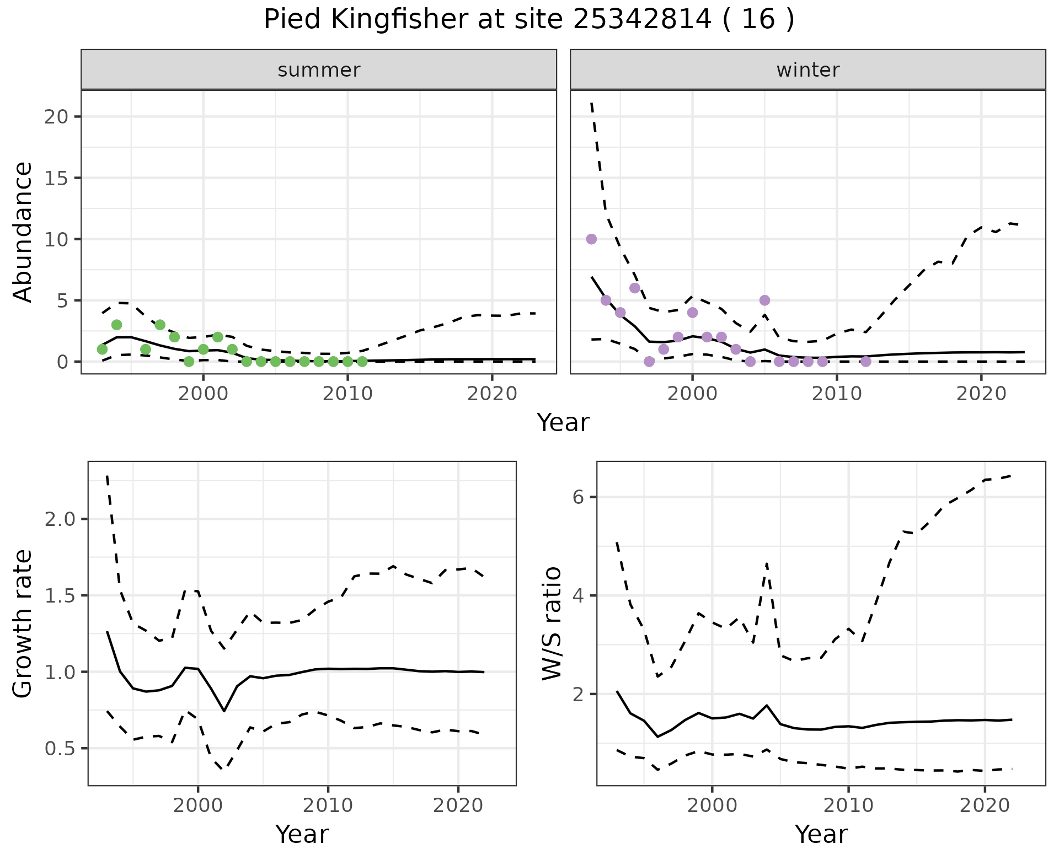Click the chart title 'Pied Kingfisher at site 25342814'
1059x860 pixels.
pos(529,20)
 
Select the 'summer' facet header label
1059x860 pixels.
pos(319,70)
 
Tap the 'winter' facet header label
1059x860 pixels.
pos(807,70)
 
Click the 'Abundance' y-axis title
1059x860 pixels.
pos(23,232)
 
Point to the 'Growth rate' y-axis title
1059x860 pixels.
pos(23,623)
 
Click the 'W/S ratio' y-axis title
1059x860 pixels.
pos(552,623)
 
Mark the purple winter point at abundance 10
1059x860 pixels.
pos(591,239)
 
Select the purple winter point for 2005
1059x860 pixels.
pos(764,300)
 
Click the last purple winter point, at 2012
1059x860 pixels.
pos(866,362)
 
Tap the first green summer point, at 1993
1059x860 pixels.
pos(102,350)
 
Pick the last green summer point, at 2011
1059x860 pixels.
pos(362,362)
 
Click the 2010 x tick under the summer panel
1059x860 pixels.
pos(347,394)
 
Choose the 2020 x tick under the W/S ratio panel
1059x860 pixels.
pos(985,806)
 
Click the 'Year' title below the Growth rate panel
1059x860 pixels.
pos(302,834)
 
